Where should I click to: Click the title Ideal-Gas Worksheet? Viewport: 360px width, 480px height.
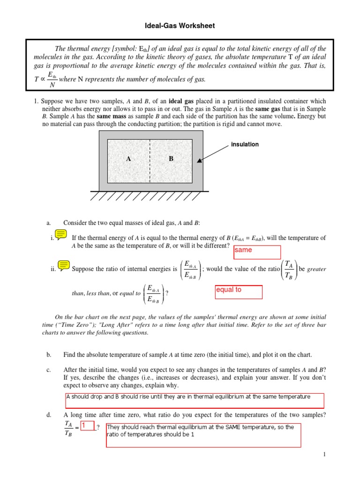(x=180, y=26)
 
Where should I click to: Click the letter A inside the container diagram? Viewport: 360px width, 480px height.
(x=128, y=159)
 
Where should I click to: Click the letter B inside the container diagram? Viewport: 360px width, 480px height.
(x=171, y=159)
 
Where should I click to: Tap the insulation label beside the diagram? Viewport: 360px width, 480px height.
(x=245, y=144)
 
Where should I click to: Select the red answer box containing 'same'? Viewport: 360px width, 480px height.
(x=257, y=252)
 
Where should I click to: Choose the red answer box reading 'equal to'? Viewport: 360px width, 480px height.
(x=238, y=292)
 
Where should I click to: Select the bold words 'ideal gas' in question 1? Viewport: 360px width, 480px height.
(x=182, y=101)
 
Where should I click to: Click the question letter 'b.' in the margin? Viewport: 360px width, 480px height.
(x=49, y=355)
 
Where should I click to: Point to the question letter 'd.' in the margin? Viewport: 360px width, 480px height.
(x=49, y=415)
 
